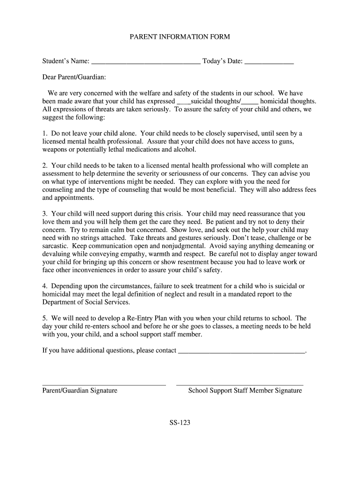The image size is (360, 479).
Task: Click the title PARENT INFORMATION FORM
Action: click(x=180, y=36)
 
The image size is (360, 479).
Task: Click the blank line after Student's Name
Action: click(x=146, y=62)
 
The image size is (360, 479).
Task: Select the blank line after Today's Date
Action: click(x=269, y=62)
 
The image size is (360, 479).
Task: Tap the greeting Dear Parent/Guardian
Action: click(x=74, y=76)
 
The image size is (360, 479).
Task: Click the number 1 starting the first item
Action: click(x=44, y=133)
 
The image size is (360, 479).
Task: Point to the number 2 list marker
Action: click(x=44, y=166)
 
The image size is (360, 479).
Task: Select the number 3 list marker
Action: click(x=44, y=214)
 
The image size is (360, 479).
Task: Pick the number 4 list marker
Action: click(x=44, y=286)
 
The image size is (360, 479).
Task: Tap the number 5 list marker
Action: click(x=44, y=318)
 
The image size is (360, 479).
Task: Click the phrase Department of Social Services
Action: click(x=86, y=302)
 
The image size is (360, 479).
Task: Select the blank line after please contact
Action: click(x=241, y=351)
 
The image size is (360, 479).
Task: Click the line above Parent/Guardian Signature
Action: click(x=104, y=385)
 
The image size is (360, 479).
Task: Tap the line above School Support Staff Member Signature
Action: click(x=240, y=385)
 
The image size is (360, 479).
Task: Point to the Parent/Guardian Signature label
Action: click(x=80, y=391)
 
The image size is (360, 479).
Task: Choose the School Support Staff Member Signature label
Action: click(x=245, y=391)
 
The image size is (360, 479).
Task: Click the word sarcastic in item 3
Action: click(x=55, y=246)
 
